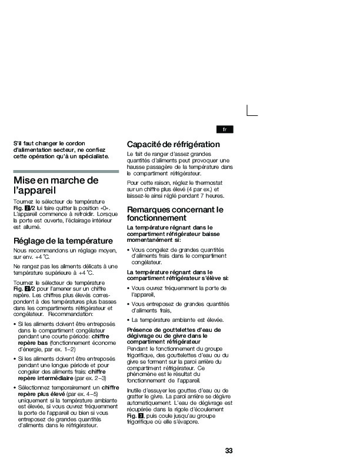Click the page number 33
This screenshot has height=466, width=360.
pyautogui.click(x=229, y=451)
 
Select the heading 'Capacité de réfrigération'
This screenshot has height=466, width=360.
pyautogui.click(x=174, y=144)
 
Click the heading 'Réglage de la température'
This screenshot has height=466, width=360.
pyautogui.click(x=62, y=241)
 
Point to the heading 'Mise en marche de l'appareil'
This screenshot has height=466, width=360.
pyautogui.click(x=55, y=185)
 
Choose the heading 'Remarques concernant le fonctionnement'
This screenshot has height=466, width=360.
pyautogui.click(x=175, y=213)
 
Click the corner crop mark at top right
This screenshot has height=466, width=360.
pyautogui.click(x=252, y=110)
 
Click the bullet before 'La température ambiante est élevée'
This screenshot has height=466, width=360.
pyautogui.click(x=129, y=319)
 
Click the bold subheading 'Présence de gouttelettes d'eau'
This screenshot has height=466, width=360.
pyautogui.click(x=174, y=329)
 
